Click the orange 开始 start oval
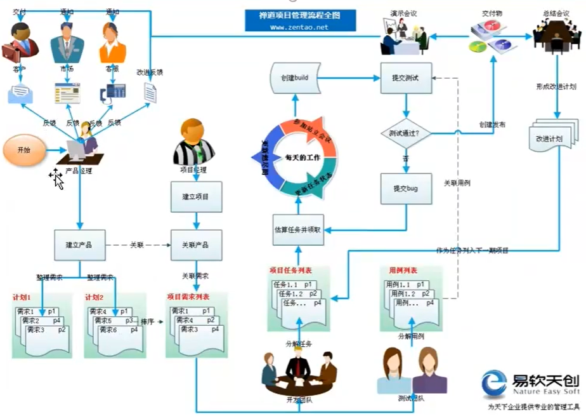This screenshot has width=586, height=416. [x=23, y=151]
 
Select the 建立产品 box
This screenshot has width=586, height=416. [x=80, y=245]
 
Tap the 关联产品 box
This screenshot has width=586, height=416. [x=197, y=245]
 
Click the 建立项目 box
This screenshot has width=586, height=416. [x=197, y=198]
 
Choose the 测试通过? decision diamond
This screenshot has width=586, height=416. [x=406, y=133]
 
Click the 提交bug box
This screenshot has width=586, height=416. [x=406, y=189]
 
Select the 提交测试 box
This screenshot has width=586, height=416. [x=406, y=78]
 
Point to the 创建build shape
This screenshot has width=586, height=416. [x=293, y=78]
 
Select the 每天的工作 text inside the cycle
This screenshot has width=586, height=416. [x=302, y=157]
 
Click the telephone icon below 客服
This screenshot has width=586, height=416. [x=112, y=93]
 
